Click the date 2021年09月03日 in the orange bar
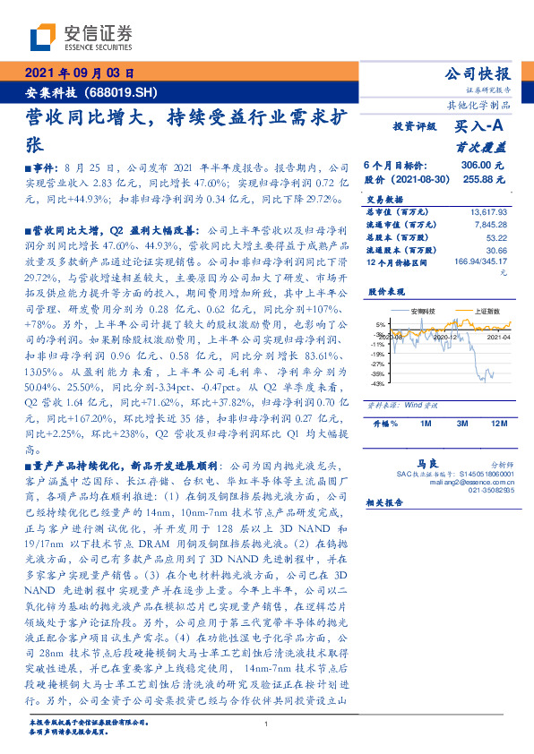tap(79, 74)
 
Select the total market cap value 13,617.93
tap(488, 211)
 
